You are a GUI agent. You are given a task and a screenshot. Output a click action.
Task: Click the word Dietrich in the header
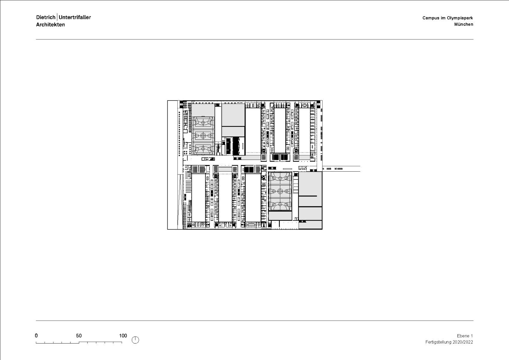point(46,17)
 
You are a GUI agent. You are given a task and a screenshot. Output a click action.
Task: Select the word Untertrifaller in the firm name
point(75,17)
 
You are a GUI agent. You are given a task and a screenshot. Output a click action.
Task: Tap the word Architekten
point(50,25)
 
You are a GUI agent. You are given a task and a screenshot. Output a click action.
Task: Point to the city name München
point(463,25)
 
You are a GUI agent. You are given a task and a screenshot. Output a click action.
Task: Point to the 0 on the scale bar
point(36,336)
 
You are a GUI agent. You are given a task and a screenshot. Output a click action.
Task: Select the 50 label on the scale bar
point(79,336)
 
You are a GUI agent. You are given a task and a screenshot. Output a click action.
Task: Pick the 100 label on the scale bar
point(123,336)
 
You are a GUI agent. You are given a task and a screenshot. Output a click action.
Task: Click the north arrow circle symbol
point(136,340)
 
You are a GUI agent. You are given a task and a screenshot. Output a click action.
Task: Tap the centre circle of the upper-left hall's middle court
point(203,136)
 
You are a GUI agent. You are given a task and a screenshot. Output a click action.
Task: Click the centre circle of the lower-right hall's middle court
point(280,191)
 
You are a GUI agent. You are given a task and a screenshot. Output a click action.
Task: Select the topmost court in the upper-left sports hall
point(203,122)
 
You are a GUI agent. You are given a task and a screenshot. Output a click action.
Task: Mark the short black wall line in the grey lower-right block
point(307,196)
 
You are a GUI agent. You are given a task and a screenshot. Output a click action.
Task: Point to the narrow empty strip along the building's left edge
point(172,165)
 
